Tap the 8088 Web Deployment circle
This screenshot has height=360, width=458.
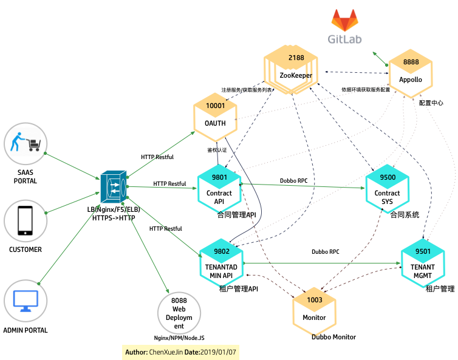tap(178, 313)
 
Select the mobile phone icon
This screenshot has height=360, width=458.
tap(26, 221)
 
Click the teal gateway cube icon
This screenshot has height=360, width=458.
tap(114, 187)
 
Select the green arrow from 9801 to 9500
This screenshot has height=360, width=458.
tap(304, 185)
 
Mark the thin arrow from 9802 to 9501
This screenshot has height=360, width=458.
tap(322, 263)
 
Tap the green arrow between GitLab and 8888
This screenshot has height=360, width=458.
tap(381, 59)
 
